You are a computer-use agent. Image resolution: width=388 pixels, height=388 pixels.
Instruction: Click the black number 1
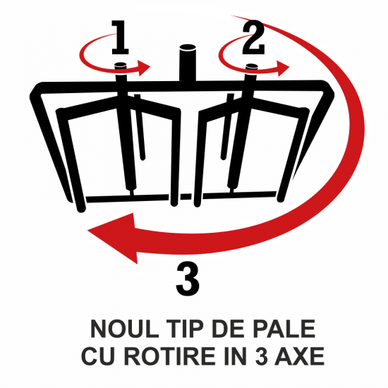click(120, 37)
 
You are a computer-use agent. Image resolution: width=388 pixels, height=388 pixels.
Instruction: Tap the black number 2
click(253, 37)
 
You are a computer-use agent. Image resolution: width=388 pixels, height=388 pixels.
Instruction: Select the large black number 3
click(188, 279)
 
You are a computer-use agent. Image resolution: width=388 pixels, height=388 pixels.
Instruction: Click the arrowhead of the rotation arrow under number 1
click(144, 68)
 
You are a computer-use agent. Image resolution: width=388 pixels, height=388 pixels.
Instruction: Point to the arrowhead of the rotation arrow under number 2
click(283, 68)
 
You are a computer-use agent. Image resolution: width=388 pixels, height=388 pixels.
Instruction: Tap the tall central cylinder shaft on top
click(188, 63)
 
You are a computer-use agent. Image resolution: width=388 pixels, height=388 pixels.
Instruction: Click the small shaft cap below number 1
click(121, 66)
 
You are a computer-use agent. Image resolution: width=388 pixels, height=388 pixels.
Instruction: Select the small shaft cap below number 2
click(252, 67)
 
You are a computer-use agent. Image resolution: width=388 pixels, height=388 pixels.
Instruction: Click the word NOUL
click(124, 329)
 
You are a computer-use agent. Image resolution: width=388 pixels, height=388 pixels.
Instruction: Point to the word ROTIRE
click(170, 356)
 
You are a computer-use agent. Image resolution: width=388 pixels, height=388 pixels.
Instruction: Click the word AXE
click(299, 356)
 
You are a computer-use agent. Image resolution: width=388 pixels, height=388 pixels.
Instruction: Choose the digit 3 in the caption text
click(262, 356)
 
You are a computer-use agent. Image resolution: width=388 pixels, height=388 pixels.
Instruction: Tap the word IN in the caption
click(236, 356)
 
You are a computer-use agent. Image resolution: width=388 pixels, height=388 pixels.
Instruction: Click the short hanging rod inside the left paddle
click(140, 127)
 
